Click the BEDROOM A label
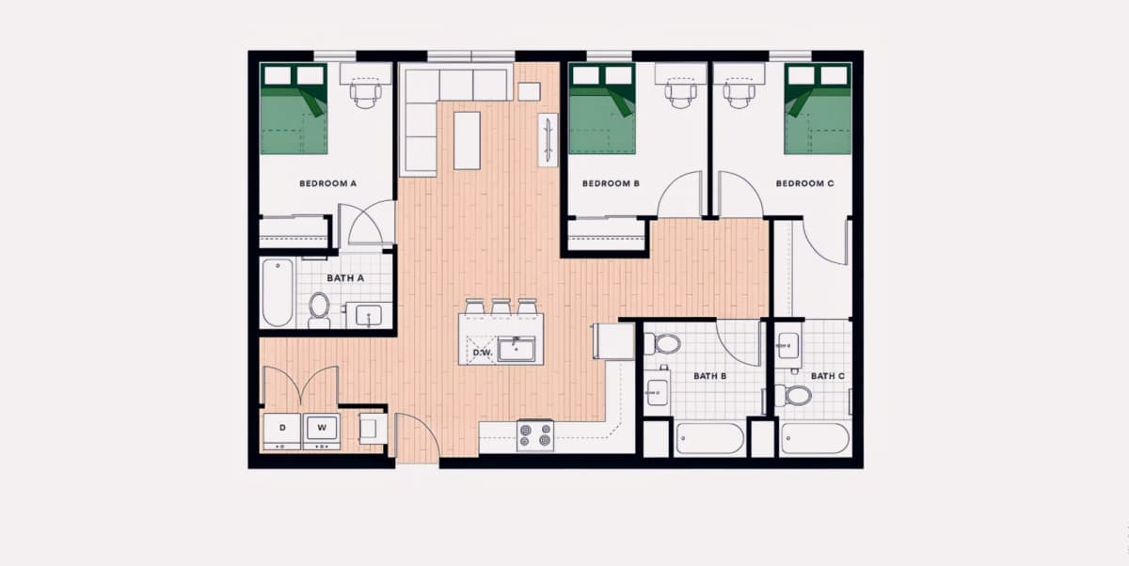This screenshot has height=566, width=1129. [327, 183]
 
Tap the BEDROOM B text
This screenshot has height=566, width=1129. [611, 183]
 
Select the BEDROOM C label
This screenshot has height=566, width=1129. [805, 183]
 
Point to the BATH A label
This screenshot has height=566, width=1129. [345, 278]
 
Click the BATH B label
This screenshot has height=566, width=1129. [710, 376]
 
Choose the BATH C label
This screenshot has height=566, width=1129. [828, 376]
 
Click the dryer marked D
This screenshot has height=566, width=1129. [282, 431]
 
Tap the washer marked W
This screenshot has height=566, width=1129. [322, 431]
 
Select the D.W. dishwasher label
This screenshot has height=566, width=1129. [483, 353]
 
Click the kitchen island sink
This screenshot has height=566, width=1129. [517, 350]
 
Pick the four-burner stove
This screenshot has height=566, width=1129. [535, 435]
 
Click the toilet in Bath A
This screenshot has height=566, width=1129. [319, 310]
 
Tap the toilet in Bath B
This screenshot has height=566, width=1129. [662, 344]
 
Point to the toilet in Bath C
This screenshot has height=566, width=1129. [793, 395]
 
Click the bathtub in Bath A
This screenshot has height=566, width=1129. [278, 292]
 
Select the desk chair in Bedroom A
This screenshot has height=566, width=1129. [365, 95]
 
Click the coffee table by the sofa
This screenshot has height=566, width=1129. [467, 140]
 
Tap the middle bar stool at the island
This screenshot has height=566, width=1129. [501, 307]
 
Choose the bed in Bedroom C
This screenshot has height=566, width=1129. [818, 109]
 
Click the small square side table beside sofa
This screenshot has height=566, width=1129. [529, 91]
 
